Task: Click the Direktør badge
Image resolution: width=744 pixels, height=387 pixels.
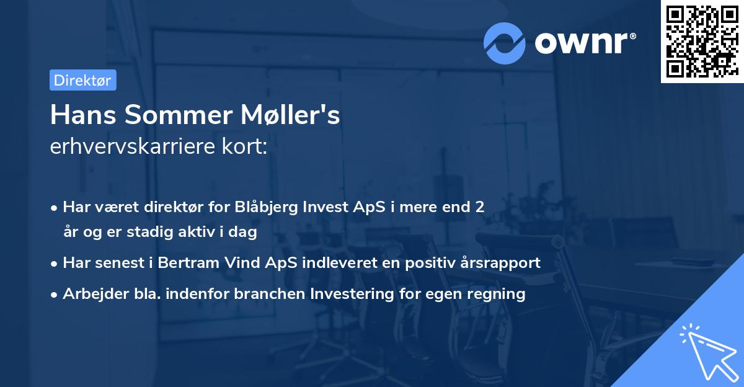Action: click(x=82, y=80)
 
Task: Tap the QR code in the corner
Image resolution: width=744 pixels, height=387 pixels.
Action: click(x=702, y=41)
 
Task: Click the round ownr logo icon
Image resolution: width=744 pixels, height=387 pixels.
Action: click(x=505, y=43)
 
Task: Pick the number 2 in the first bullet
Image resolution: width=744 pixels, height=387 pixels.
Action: click(x=479, y=207)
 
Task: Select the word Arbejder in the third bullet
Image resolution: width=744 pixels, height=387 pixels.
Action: click(x=91, y=293)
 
